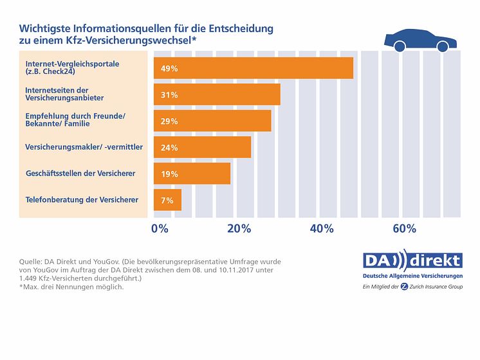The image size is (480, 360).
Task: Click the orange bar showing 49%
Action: point(253,68)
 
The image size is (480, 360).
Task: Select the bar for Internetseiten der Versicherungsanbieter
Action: point(217,94)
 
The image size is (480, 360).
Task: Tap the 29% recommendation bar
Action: point(212,121)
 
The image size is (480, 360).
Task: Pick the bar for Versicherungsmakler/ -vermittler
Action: point(202,147)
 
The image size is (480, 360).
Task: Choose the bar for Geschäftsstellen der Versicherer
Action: point(192,174)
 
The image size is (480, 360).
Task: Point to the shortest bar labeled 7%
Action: point(167,200)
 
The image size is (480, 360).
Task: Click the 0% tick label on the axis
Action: point(159,229)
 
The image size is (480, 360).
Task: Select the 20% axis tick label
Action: point(239,229)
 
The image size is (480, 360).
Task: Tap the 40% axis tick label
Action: point(322,229)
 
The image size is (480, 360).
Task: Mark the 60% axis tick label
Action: point(404,229)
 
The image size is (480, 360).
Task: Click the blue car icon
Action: point(420,41)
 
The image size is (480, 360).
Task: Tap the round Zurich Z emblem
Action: point(404,286)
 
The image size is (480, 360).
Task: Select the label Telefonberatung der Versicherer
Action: point(82,200)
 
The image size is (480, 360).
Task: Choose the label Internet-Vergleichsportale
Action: point(72,64)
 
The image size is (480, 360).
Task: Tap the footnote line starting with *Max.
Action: point(71,287)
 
